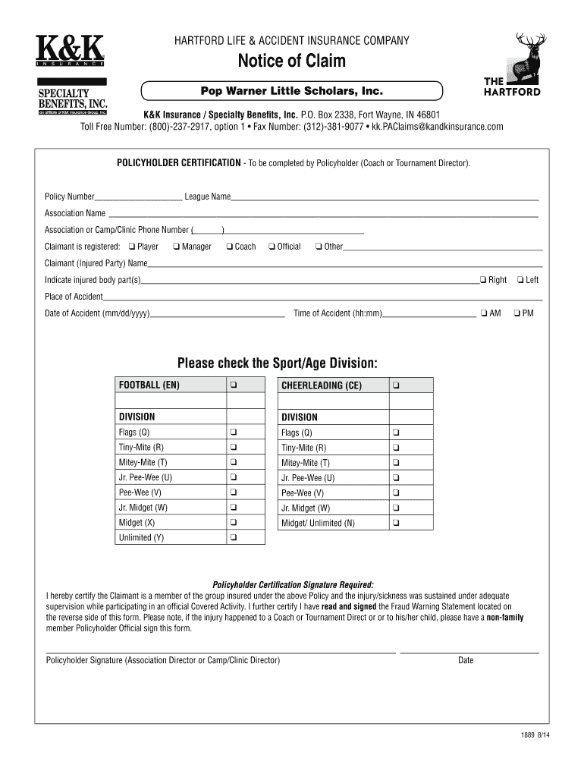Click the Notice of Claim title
click(292, 61)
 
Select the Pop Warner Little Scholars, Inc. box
click(291, 91)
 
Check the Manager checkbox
click(176, 247)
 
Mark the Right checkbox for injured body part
click(482, 280)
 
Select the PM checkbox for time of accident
click(516, 313)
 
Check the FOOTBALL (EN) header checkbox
click(234, 385)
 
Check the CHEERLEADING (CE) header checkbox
click(396, 385)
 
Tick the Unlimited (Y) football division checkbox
click(234, 538)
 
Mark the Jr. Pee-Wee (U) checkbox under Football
click(234, 477)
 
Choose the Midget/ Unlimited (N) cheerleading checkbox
click(396, 523)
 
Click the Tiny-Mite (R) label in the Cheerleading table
click(303, 448)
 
